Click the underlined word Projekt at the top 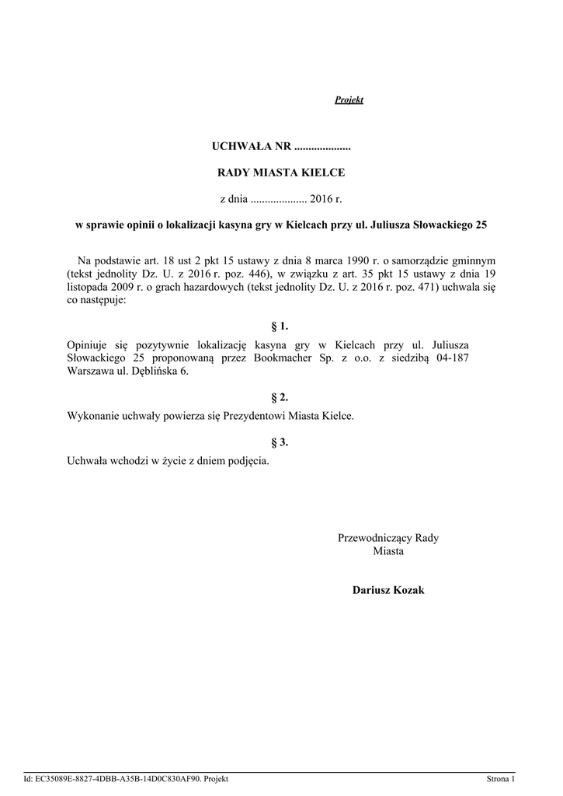(x=349, y=100)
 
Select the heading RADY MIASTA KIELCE (x=280, y=173)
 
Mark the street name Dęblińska (x=150, y=371)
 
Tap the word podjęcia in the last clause (x=248, y=461)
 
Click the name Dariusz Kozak (x=388, y=591)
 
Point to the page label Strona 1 (x=501, y=779)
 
